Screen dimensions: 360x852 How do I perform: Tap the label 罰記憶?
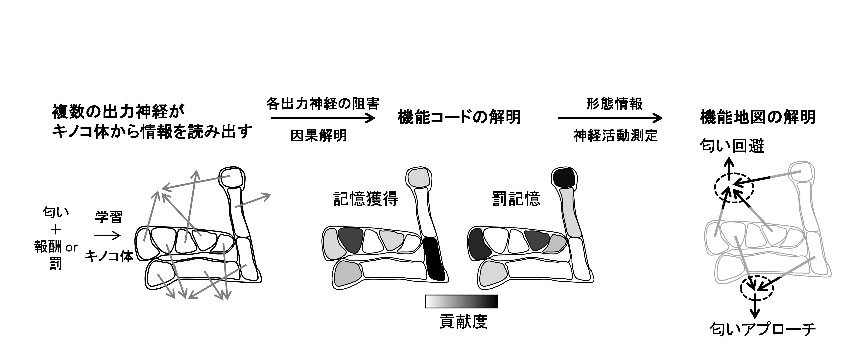(516, 199)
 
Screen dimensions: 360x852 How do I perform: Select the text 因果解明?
(319, 135)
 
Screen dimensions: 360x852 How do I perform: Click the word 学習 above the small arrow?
(109, 217)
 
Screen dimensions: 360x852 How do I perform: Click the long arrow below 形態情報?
(610, 118)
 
